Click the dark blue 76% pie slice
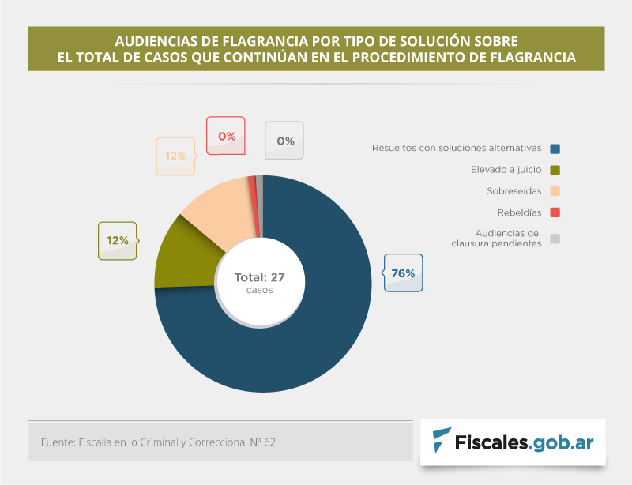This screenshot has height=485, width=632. pos(316,332)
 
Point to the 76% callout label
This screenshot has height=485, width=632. pos(403,273)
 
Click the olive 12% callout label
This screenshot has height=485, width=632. pos(117,240)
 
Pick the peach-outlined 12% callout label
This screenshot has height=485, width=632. pos(175,156)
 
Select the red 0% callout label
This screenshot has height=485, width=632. pos(227,136)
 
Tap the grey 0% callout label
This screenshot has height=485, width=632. pos(285,141)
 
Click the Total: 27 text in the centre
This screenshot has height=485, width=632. pos(259,277)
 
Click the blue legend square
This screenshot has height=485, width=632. pos(555,149)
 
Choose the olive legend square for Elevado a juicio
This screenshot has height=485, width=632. pos(555,170)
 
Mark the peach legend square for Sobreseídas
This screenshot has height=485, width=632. pos(555,191)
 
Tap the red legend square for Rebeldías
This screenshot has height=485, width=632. pos(555,212)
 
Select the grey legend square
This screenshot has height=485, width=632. pos(555,239)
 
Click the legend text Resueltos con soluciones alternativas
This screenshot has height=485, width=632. pos(456,148)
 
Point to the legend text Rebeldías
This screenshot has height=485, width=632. pos(519,212)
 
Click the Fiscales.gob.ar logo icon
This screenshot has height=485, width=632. pos(443,441)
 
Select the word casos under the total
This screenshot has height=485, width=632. pos(259,290)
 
